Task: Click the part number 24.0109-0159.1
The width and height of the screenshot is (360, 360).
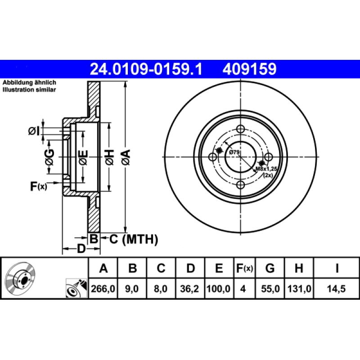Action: click(147, 69)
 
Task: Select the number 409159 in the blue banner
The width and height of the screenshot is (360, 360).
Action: click(248, 69)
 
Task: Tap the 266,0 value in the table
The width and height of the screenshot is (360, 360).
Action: click(103, 290)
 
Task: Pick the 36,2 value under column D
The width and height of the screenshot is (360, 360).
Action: click(190, 290)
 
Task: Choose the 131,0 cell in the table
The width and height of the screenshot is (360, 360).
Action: click(298, 290)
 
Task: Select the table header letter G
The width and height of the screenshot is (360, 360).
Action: click(270, 269)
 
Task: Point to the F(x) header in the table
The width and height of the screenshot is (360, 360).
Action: click(245, 269)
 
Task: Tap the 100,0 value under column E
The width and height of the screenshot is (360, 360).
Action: click(219, 290)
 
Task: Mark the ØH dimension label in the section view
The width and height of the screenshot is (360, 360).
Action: click(109, 157)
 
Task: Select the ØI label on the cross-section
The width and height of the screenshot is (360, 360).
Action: click(34, 131)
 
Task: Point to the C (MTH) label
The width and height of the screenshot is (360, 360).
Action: click(134, 239)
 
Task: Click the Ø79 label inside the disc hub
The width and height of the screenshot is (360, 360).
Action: click(234, 153)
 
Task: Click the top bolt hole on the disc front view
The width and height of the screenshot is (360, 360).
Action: click(241, 129)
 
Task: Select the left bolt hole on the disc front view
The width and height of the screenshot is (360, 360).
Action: click(213, 157)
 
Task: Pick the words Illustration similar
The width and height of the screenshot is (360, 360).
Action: click(29, 90)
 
